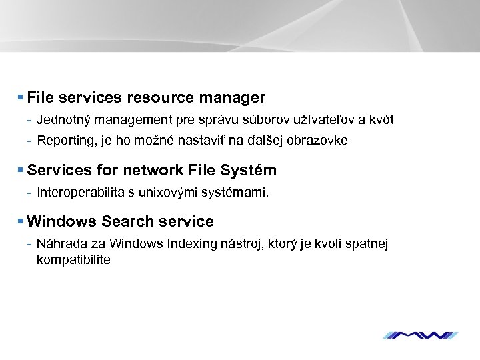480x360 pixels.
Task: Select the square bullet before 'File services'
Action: [x=21, y=98]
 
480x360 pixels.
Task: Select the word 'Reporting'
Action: [x=62, y=141]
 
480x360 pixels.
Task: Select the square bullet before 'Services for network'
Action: [x=21, y=171]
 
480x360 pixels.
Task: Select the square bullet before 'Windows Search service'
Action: [x=21, y=221]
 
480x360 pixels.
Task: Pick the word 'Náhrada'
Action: [x=59, y=244]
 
